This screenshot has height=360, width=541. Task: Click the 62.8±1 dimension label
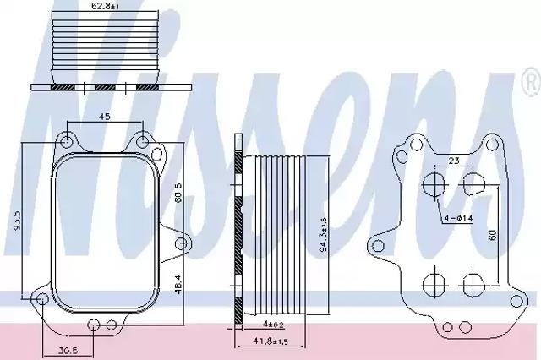106,6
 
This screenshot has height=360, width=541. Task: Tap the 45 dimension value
105,117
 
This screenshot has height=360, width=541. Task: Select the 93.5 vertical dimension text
18,221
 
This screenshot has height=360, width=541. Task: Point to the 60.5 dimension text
178,194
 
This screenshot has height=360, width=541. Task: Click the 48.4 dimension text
178,284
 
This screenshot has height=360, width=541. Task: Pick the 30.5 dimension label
68,351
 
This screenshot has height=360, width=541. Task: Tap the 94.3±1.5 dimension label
323,234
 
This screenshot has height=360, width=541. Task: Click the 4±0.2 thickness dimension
273,325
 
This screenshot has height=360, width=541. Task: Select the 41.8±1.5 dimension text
270,341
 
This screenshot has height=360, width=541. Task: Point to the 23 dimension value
455,161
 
